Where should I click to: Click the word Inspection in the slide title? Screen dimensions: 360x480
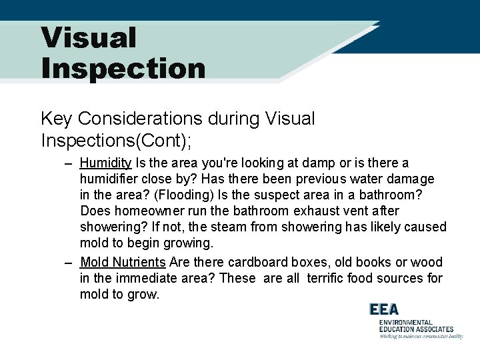pos(123,68)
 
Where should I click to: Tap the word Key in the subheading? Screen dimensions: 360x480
pos(57,119)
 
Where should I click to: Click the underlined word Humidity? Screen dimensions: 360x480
pos(105,163)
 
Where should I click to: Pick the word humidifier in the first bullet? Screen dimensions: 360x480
pos(110,179)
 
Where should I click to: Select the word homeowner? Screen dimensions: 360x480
pos(140,211)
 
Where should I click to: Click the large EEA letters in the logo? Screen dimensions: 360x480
pos(385,310)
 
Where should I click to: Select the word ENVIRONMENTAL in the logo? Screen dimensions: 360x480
pos(406,322)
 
